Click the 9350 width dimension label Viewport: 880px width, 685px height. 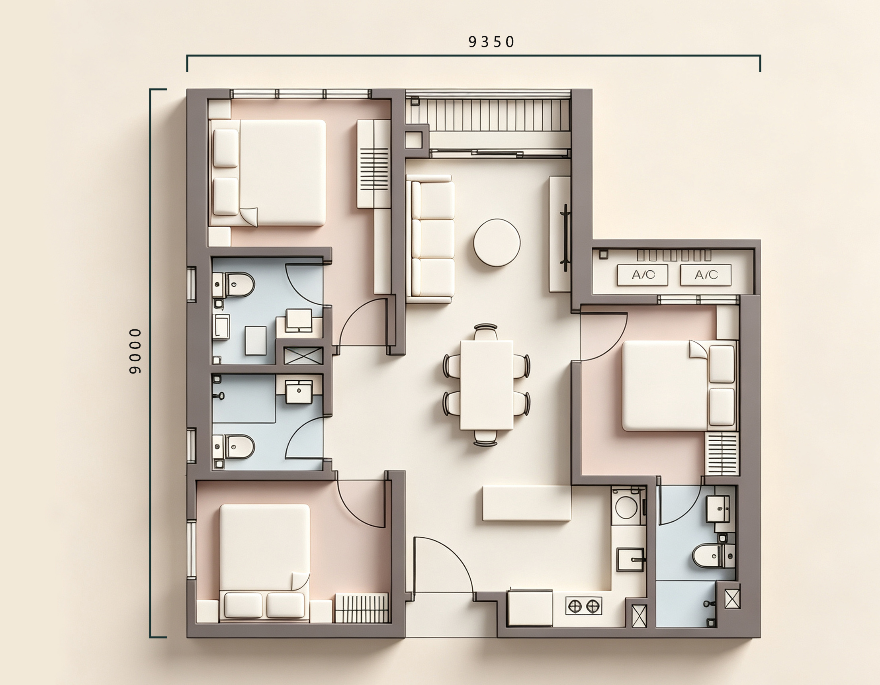[x=491, y=42]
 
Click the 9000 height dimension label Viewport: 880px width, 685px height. [x=136, y=351]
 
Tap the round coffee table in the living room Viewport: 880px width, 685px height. [x=497, y=243]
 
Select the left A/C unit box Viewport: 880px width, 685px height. [x=643, y=275]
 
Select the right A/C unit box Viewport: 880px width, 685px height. [x=706, y=275]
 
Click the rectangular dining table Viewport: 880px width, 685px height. [x=487, y=385]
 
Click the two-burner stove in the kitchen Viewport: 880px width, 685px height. [x=584, y=606]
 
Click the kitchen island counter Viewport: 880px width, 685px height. [x=527, y=503]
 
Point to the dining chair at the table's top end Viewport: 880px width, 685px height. [x=485, y=332]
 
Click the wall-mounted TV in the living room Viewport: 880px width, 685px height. [x=565, y=237]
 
